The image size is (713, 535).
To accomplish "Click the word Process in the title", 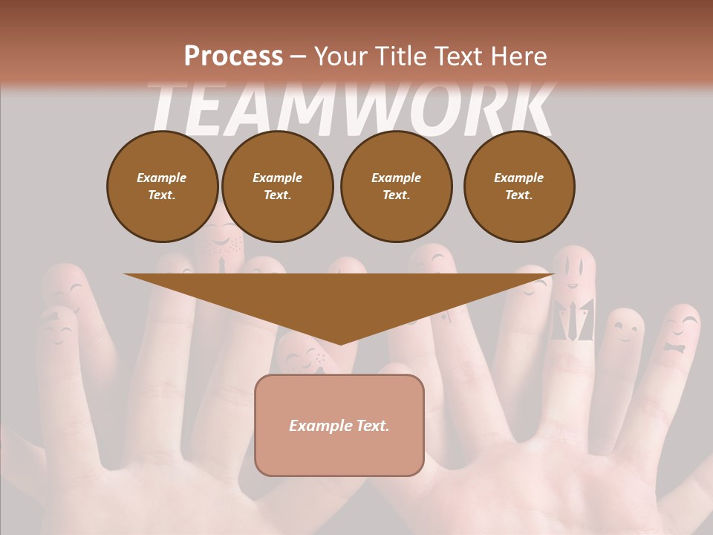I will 233,56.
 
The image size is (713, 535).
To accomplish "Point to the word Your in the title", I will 340,56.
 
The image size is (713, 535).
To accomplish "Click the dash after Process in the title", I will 299,57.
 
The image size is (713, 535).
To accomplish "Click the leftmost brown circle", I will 162,187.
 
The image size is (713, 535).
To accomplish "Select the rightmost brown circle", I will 519,187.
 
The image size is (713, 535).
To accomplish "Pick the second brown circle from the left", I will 277,187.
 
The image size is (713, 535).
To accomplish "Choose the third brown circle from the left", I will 396,187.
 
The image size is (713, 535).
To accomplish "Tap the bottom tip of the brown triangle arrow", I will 339,344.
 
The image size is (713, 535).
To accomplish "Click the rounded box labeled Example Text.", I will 339,425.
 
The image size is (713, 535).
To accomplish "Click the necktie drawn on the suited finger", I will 574,320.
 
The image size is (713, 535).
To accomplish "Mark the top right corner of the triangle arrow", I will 553,275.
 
